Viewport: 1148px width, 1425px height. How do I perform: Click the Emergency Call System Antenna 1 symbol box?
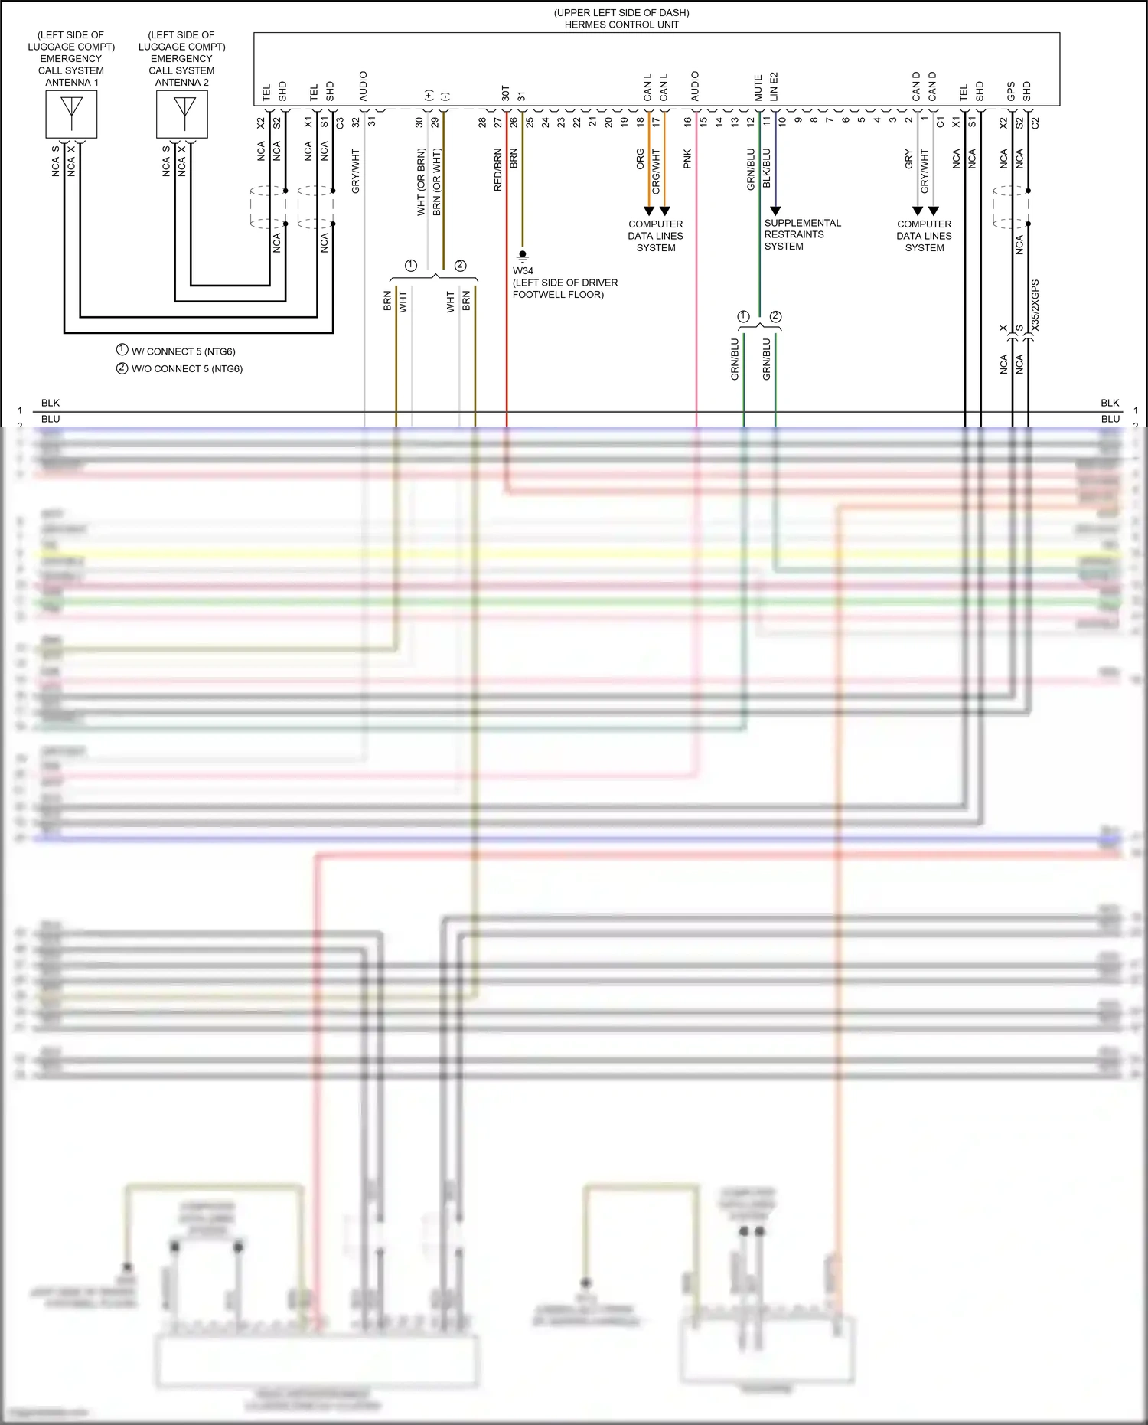[71, 114]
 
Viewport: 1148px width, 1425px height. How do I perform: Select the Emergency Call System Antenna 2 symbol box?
[182, 114]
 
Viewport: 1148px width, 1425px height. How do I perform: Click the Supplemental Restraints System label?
[801, 234]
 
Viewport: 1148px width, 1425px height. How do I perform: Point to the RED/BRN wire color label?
[498, 170]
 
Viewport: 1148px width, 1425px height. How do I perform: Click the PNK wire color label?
[687, 159]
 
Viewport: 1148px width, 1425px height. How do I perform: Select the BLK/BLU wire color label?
[767, 168]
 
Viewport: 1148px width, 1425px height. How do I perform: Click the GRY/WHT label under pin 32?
[355, 171]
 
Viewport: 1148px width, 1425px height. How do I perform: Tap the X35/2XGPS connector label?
[1035, 306]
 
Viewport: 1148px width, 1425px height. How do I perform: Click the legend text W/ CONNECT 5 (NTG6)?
[183, 351]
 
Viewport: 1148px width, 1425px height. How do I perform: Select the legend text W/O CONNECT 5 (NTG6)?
[187, 368]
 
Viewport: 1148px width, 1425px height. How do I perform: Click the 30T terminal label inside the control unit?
[505, 93]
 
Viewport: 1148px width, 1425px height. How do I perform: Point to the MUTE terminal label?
[758, 88]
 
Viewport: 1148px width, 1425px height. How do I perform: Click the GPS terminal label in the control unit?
[1011, 91]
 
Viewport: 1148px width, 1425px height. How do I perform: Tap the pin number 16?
[687, 121]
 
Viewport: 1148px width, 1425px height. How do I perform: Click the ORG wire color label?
[640, 159]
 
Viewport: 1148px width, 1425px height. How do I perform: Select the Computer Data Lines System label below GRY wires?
[924, 236]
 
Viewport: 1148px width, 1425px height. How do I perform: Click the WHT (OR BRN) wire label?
[421, 182]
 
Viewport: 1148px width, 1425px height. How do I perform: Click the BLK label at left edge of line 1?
[51, 403]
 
